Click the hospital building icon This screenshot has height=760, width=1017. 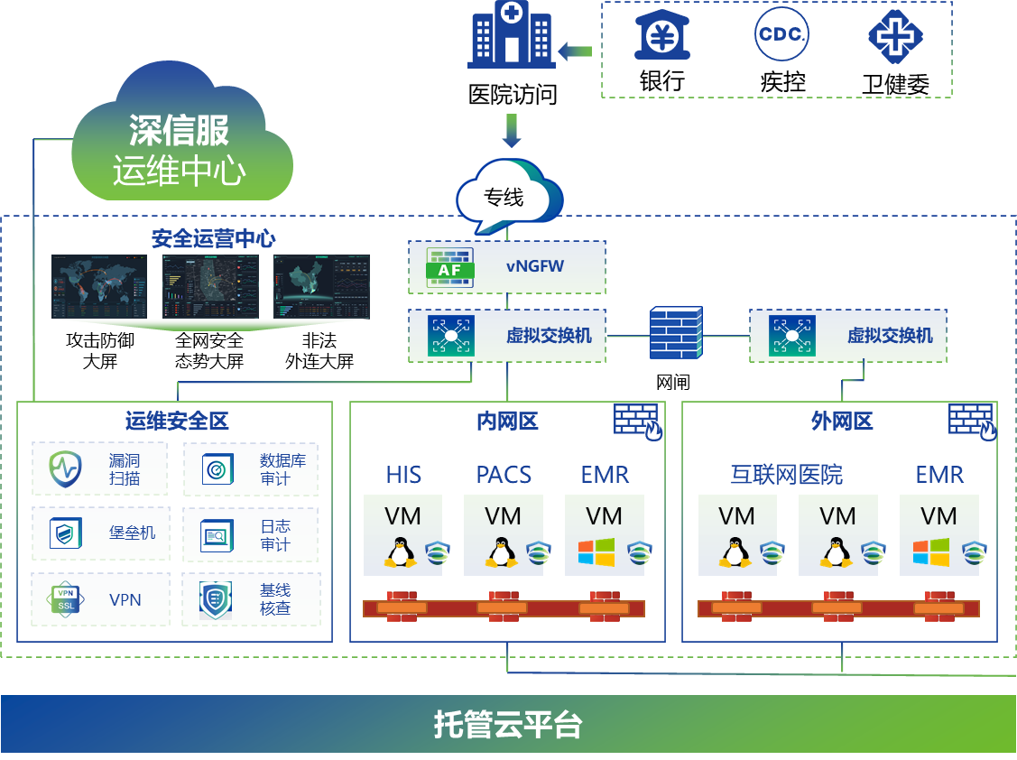(512, 36)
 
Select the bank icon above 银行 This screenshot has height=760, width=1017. (662, 34)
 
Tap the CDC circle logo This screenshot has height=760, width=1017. (781, 33)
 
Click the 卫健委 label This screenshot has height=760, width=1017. (895, 84)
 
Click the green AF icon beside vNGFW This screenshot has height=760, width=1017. (450, 266)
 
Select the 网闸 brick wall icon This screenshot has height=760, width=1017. (675, 334)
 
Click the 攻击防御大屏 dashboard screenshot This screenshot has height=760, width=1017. (99, 286)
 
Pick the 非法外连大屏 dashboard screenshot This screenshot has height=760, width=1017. (322, 286)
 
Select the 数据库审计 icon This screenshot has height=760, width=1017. (217, 468)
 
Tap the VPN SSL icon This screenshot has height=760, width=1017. (66, 599)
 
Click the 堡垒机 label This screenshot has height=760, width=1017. (132, 533)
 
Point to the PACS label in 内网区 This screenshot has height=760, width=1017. (504, 475)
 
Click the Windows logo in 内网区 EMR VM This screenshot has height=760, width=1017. (596, 552)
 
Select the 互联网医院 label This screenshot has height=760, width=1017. (786, 475)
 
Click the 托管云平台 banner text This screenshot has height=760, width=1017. (508, 725)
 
